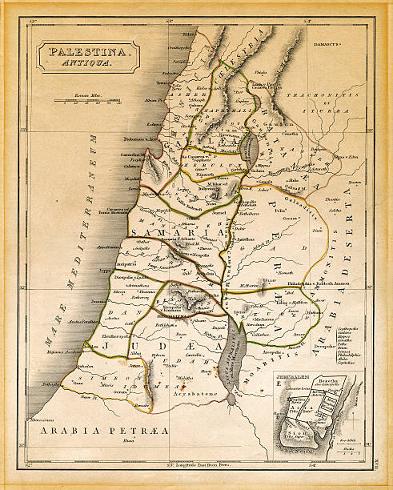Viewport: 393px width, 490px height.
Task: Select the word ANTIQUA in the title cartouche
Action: click(89, 70)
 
